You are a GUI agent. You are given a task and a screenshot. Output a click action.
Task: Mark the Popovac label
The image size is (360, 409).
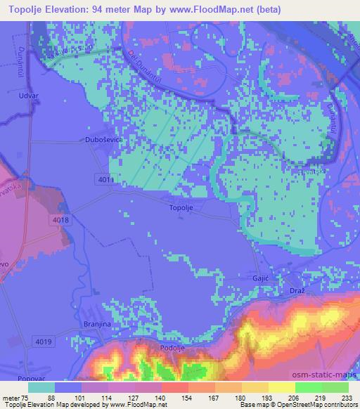27,378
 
